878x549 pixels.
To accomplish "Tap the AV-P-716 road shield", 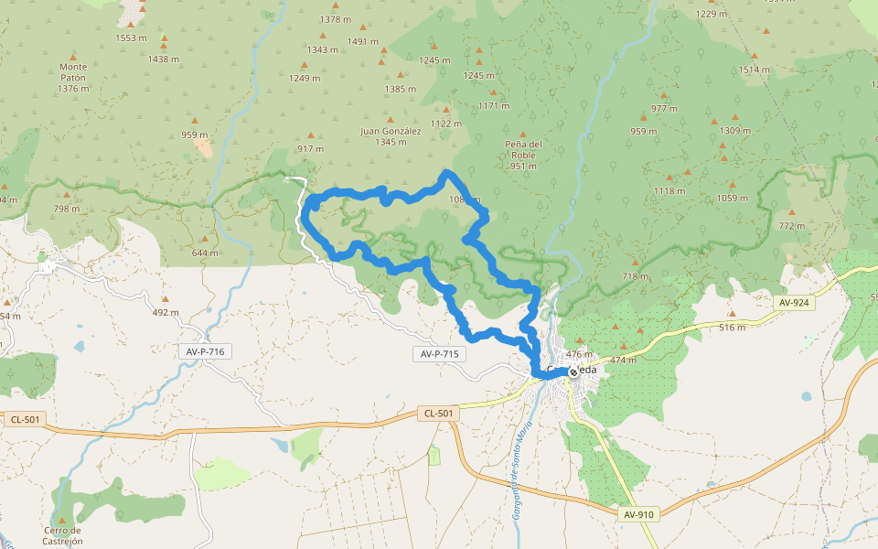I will pos(203,351).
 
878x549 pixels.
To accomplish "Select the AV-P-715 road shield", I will pos(441,354).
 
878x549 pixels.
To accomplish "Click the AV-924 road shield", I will pos(794,302).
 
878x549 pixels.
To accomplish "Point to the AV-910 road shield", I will pos(637,514).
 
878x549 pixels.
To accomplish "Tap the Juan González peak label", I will pos(391,136).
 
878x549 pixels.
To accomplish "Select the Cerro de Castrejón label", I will pos(62,535).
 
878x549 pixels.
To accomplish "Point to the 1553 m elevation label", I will pos(132,38).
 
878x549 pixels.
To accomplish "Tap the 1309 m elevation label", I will pos(734,131).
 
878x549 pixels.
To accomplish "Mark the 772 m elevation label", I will pos(792,225).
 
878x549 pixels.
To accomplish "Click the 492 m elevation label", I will pos(166,312).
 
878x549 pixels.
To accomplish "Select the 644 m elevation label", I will pos(206,253).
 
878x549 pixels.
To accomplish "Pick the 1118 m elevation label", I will pos(669,191).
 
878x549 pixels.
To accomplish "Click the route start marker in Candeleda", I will pos(573,372).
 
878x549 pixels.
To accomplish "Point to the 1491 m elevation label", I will pos(363,41).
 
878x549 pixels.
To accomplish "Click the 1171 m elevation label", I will pos(493,106).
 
